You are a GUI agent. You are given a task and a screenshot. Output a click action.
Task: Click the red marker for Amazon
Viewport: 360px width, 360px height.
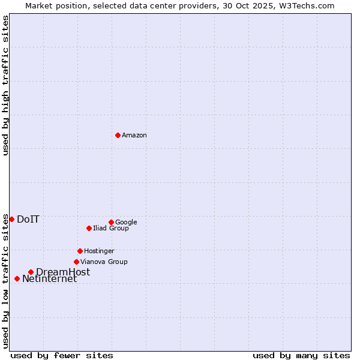[x=118, y=135]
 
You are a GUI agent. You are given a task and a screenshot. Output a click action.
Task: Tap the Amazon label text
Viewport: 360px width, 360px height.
[x=134, y=136]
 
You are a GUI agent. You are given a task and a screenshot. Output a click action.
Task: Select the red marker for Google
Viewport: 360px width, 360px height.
[x=111, y=222]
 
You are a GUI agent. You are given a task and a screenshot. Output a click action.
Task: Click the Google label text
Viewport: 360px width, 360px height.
[x=126, y=223]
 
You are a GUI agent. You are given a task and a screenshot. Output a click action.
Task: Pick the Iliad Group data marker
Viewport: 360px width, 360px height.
[x=89, y=228]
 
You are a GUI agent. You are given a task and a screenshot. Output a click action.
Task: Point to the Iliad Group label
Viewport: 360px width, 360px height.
[x=111, y=229]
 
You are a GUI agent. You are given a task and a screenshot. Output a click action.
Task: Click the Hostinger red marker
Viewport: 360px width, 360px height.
[x=80, y=251]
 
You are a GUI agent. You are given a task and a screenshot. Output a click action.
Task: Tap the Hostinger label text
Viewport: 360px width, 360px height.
[x=99, y=251]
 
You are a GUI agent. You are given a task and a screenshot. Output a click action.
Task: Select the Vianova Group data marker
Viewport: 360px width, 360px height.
[x=76, y=262]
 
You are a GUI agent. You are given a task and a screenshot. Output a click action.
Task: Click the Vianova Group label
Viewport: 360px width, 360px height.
[x=104, y=262]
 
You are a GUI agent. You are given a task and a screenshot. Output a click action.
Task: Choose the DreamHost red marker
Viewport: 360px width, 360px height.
[x=31, y=272]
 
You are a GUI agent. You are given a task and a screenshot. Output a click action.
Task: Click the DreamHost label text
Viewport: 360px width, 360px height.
[x=63, y=272]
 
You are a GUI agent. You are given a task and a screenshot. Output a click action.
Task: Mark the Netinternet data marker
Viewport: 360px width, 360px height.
[x=17, y=278]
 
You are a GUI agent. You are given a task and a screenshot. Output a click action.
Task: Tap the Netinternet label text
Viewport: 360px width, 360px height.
[x=49, y=279]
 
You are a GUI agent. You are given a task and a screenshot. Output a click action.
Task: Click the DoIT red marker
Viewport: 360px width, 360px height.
[x=11, y=219]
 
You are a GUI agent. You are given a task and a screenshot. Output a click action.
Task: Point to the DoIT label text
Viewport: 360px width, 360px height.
[x=28, y=220]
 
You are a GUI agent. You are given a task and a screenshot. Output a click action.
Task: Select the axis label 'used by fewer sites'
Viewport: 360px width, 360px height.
[x=62, y=355]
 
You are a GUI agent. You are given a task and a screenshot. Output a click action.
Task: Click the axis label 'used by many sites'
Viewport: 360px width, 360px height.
[x=301, y=355]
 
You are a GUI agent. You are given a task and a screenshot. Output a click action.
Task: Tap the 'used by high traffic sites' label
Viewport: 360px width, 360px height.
[x=5, y=85]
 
